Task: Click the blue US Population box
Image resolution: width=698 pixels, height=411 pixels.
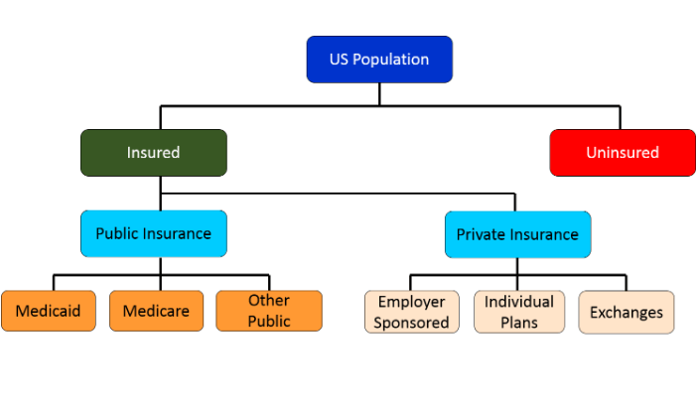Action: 379,60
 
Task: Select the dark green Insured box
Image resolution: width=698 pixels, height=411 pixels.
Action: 154,153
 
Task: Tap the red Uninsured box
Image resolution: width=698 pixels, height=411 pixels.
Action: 623,153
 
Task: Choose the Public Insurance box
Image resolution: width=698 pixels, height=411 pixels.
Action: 154,233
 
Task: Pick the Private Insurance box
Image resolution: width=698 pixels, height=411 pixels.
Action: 517,234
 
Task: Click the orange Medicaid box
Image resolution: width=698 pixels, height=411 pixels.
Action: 49,311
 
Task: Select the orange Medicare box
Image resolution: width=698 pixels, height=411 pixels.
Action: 156,311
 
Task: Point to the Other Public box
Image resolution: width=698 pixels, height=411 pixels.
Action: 269,311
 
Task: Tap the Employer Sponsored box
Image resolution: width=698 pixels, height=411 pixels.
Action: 412,312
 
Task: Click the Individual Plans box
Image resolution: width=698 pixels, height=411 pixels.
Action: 519,312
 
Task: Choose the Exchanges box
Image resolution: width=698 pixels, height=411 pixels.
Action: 627,312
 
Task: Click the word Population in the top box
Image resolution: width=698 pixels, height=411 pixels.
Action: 391,60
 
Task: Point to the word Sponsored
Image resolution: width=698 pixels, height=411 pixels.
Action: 411,323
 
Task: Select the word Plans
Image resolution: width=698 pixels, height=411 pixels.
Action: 519,323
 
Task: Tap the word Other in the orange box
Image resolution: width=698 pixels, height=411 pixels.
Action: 269,301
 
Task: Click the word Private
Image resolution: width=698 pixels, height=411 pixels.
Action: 482,234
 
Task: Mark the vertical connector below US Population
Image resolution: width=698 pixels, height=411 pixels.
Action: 379,94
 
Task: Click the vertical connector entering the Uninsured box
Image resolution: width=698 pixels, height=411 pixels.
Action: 620,117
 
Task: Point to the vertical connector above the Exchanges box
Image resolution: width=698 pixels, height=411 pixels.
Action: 626,283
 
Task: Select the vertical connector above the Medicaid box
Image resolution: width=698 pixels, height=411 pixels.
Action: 54,283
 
